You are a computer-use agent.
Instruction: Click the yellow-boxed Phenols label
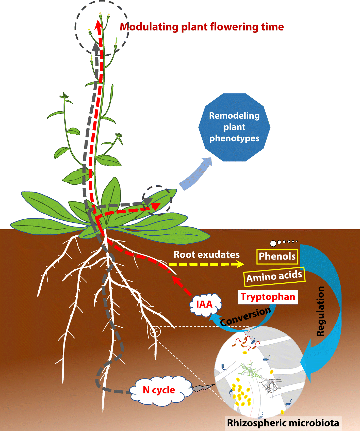click(x=277, y=257)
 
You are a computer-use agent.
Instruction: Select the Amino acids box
click(x=274, y=277)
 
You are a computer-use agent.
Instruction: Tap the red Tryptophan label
click(x=268, y=297)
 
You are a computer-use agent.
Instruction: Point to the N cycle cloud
click(x=159, y=390)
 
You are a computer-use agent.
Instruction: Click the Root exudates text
click(x=206, y=254)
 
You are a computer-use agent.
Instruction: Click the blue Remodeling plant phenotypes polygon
click(x=234, y=127)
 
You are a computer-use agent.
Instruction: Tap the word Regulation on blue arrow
click(x=321, y=311)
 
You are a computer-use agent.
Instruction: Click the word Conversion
click(x=245, y=316)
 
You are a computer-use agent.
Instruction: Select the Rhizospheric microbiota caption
click(x=283, y=423)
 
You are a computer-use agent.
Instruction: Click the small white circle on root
click(x=155, y=331)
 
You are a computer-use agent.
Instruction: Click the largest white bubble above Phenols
click(x=273, y=244)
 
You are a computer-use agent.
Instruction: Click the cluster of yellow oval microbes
click(x=241, y=394)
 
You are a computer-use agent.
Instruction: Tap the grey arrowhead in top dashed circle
click(x=96, y=47)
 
